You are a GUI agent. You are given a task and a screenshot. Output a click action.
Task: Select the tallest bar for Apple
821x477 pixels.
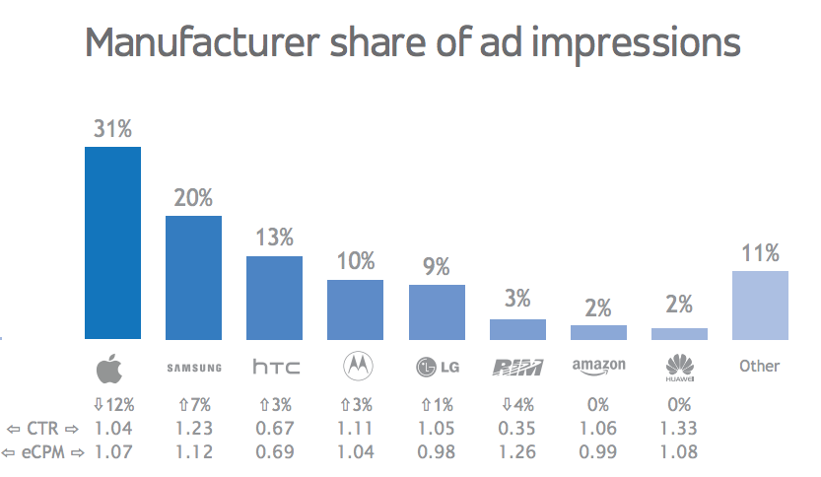tap(112, 241)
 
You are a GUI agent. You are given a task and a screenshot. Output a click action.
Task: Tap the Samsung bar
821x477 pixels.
tap(193, 276)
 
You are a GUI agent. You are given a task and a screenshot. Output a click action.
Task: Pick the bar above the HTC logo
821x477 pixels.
tap(274, 297)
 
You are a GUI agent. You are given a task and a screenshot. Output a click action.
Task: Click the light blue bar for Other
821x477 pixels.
tap(760, 305)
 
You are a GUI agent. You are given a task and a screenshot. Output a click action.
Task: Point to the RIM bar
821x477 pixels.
tap(517, 328)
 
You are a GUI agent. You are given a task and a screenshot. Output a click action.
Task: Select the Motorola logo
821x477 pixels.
tap(356, 368)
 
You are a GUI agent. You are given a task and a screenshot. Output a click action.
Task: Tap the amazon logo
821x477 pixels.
tap(598, 367)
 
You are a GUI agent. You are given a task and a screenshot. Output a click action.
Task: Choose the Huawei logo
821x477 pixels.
tap(679, 368)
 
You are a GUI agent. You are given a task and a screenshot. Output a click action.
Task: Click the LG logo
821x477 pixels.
tap(437, 368)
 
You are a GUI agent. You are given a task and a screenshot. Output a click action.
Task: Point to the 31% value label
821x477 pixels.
tap(112, 129)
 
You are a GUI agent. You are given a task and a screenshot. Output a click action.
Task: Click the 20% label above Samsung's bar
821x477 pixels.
tap(193, 198)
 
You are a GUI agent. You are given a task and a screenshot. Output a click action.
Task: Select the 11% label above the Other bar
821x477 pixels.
tap(760, 253)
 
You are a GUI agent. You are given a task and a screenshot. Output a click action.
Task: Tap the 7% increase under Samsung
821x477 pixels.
tap(194, 405)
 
